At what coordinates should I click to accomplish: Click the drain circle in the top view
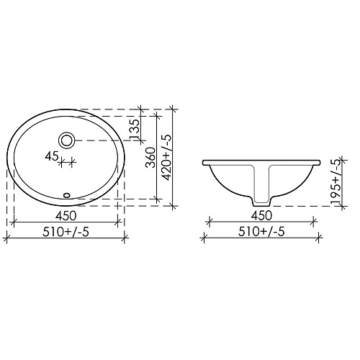click(67, 140)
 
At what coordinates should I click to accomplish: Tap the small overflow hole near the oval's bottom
click(67, 195)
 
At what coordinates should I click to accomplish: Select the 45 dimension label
click(52, 156)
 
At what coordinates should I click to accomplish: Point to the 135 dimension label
click(135, 130)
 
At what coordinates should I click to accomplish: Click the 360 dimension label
click(151, 158)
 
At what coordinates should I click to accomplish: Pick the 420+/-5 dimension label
click(166, 157)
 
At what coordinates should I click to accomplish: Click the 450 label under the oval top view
click(66, 215)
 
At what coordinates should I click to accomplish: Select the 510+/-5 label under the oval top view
click(66, 232)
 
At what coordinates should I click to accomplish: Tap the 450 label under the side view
click(261, 215)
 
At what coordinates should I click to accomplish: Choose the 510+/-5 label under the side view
click(261, 232)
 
